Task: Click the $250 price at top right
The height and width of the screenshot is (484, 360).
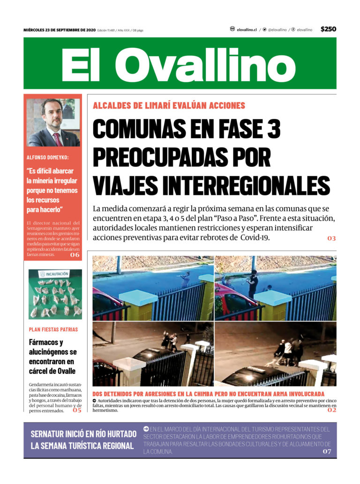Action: pos(328,29)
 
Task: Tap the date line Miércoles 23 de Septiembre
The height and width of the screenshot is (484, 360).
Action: pos(60,30)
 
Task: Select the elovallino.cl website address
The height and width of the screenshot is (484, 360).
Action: pos(247,30)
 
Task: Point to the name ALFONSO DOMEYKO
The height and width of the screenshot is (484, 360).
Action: pos(48,157)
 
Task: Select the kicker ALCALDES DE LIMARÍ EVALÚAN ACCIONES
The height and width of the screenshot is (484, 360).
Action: pos(169,106)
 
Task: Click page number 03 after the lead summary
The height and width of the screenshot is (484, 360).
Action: pos(331,238)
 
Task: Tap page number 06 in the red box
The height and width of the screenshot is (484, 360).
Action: pos(75,255)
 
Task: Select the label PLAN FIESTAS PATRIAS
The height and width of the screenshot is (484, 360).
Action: pos(53,329)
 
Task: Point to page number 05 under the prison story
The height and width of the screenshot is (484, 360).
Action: pos(77,410)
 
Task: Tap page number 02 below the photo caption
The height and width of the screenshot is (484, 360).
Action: pos(331,410)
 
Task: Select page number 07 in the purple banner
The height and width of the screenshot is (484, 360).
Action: pos(327,451)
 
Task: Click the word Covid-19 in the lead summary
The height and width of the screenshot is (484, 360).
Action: pos(256,238)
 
